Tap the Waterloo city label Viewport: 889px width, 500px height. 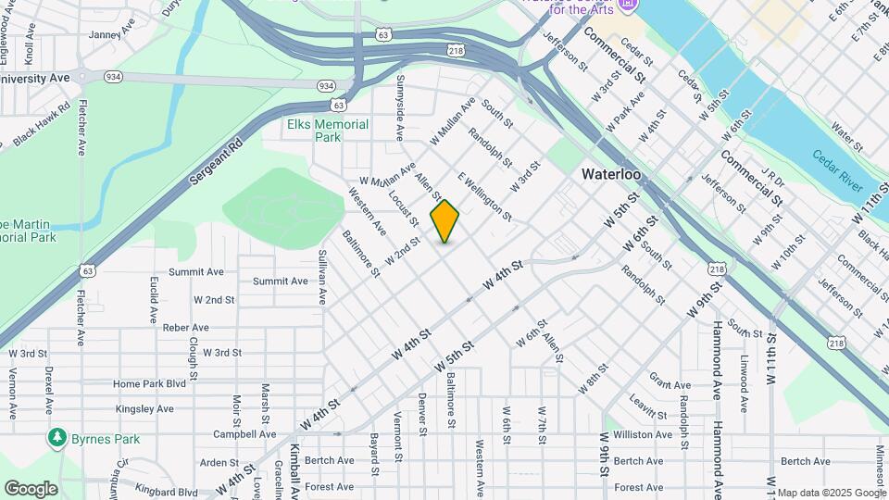(611, 174)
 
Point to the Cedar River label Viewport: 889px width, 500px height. (838, 170)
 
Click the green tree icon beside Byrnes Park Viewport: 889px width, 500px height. (57, 436)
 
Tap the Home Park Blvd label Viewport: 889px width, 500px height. (149, 383)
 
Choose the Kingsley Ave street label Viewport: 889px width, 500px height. (144, 408)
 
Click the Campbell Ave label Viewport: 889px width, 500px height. (244, 433)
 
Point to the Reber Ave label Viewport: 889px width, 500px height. (186, 328)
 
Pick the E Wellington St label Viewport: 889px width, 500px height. (484, 196)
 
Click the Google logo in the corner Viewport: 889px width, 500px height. (31, 489)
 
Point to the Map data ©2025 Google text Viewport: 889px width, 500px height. (832, 493)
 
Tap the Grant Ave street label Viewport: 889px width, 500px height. (670, 382)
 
